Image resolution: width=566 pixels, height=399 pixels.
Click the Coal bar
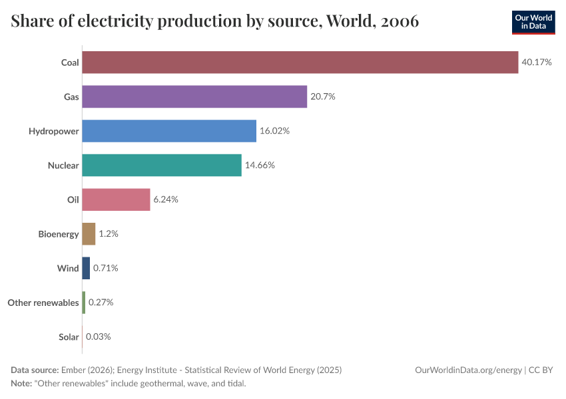(x=300, y=63)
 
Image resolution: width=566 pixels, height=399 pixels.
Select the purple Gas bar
(x=194, y=96)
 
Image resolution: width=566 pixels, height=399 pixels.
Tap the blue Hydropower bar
(x=169, y=131)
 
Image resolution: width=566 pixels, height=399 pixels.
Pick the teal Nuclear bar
(x=162, y=165)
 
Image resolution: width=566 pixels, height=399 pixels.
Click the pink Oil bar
(x=116, y=199)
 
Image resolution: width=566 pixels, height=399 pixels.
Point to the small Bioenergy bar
(x=89, y=234)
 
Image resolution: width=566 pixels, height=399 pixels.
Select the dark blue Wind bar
(x=86, y=268)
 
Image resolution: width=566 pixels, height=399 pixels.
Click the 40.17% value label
(x=537, y=63)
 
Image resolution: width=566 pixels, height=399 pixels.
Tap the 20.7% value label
(x=323, y=96)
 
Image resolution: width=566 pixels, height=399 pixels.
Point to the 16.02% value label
(x=274, y=131)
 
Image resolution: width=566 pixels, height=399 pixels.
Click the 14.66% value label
(x=260, y=165)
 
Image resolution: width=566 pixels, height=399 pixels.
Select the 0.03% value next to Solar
(x=98, y=336)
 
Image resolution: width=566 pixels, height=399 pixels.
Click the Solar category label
(x=69, y=337)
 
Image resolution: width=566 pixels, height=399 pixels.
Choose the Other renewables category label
(x=43, y=303)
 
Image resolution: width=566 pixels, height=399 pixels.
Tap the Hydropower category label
(x=53, y=131)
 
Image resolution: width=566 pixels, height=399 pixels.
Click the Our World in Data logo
(x=533, y=22)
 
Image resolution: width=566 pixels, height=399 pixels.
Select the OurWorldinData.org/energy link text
(x=468, y=370)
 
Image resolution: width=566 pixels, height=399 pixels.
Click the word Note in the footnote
(x=22, y=384)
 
